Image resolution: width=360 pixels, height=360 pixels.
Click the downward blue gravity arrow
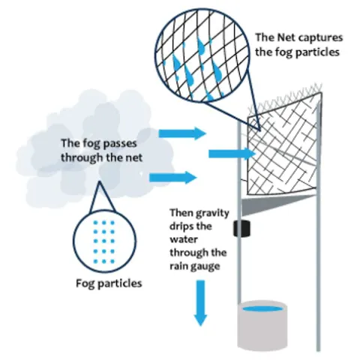tap(199, 300)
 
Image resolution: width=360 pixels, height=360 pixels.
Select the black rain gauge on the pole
tap(241, 229)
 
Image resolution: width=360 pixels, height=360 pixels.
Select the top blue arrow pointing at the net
tap(192, 133)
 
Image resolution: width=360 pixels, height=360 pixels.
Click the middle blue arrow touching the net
tap(226, 154)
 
